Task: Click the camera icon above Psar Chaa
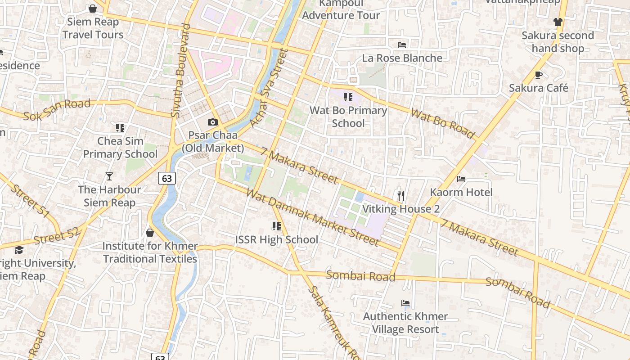point(212,122)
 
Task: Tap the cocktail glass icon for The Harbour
point(109,176)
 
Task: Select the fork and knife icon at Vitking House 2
point(401,195)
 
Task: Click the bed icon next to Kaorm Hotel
point(461,179)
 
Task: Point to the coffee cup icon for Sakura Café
point(539,75)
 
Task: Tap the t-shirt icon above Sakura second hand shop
point(558,22)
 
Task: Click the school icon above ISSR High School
point(276,226)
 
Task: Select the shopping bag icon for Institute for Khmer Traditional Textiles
point(150,233)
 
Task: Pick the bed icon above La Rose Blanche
point(402,45)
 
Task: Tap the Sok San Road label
point(57,110)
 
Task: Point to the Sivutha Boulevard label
point(181,71)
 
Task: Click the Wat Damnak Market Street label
point(313,218)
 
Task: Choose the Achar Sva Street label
point(269,89)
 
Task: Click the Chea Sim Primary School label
point(120,148)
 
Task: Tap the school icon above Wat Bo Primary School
point(348,97)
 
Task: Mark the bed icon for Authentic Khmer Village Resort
point(405,303)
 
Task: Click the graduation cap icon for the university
point(19,250)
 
